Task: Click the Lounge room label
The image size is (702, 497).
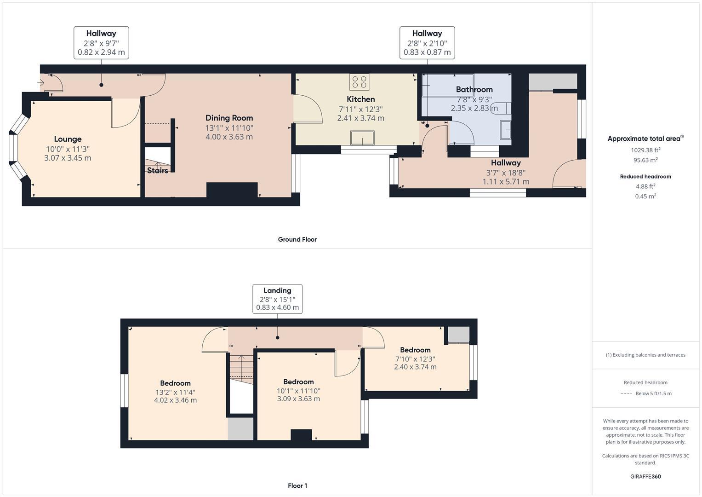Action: coord(68,139)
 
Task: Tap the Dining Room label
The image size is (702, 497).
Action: coord(229,118)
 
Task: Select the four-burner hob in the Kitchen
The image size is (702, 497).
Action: coord(359,82)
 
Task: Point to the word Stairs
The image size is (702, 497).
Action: coord(157,171)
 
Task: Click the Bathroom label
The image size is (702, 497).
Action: coord(474,89)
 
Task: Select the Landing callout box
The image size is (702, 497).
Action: coord(277,299)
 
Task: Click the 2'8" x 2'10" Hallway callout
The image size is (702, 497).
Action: coord(427,43)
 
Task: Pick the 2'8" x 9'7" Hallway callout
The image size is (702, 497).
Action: coord(101,43)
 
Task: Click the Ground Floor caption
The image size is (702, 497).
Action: coord(297,239)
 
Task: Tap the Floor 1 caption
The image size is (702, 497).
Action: coord(297,485)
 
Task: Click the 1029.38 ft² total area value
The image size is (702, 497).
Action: coord(645,150)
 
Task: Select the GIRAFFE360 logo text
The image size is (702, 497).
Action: coord(645,476)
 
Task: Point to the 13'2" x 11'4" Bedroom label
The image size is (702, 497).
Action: coord(175,383)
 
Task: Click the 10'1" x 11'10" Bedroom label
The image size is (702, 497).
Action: coord(298,382)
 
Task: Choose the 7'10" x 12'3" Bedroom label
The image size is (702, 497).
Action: coord(415,350)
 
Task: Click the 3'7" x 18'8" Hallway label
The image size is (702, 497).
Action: coord(506,163)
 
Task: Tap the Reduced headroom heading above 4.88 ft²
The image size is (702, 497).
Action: coord(645,176)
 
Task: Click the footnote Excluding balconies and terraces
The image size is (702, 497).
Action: coord(645,355)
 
